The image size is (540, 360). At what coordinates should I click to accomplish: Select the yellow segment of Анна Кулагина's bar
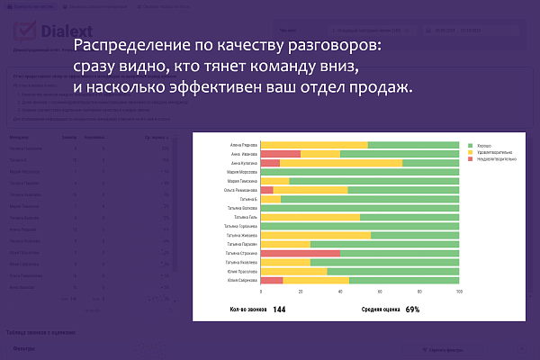click(x=341, y=163)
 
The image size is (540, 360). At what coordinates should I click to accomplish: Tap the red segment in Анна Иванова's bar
click(x=280, y=154)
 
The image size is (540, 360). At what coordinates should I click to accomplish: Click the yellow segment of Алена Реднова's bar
click(x=314, y=145)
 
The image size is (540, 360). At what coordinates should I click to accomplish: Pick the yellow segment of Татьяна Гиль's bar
click(x=310, y=217)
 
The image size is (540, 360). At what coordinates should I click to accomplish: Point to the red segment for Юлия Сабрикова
click(x=271, y=280)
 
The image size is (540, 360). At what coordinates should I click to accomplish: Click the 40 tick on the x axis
click(x=340, y=292)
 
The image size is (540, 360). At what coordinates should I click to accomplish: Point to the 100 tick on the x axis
click(x=459, y=292)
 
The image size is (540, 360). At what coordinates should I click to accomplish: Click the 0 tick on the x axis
click(x=261, y=292)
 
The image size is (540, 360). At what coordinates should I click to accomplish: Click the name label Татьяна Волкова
click(x=243, y=208)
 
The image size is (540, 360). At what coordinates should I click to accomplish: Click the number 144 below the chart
click(x=279, y=310)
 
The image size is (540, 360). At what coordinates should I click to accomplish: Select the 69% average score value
click(x=413, y=310)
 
